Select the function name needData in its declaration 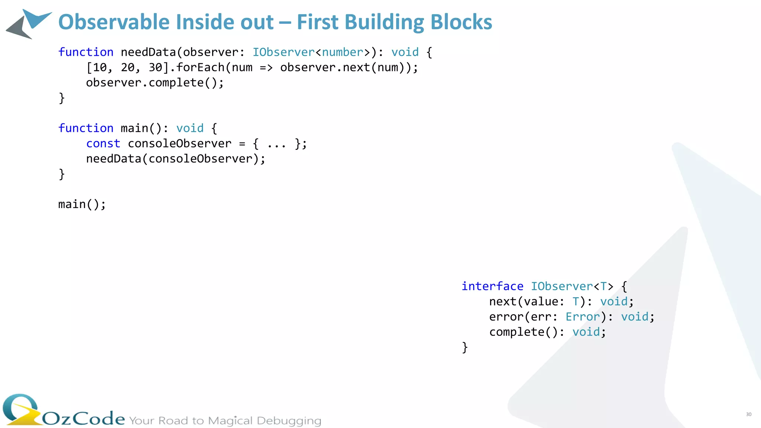(148, 52)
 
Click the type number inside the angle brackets (343, 52)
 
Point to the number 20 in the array (127, 67)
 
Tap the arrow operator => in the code (266, 68)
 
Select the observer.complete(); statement (155, 82)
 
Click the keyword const (103, 143)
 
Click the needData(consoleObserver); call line (176, 159)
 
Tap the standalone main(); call (82, 204)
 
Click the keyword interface (492, 286)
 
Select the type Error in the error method (583, 317)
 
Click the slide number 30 (748, 414)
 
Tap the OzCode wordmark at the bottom (83, 418)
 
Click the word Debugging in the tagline (289, 421)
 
